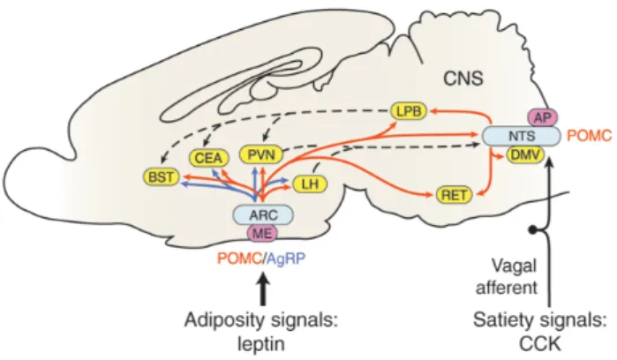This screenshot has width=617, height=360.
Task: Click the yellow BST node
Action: point(162,177)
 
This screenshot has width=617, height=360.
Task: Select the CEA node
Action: point(208,158)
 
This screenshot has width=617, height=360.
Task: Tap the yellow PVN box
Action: point(261,154)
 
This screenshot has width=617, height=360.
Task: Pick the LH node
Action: point(310,184)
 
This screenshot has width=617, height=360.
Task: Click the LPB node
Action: point(409,111)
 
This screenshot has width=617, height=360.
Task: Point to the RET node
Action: point(454,195)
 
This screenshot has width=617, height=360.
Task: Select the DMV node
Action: point(525,155)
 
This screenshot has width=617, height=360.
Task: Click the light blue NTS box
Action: point(522,136)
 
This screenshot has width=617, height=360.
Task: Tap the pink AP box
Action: point(542,117)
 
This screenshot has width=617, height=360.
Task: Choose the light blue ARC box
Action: point(263,214)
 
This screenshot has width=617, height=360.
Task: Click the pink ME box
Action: point(262,233)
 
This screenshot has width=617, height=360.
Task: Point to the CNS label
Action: point(463,79)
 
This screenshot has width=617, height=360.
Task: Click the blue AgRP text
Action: point(286,259)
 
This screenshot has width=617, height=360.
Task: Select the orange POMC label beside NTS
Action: point(590,136)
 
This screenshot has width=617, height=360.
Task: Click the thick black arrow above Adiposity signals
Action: point(264,289)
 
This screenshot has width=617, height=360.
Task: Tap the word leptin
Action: point(261,344)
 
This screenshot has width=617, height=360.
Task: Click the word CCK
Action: point(540,344)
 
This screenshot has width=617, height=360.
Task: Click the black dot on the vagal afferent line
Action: point(533,229)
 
